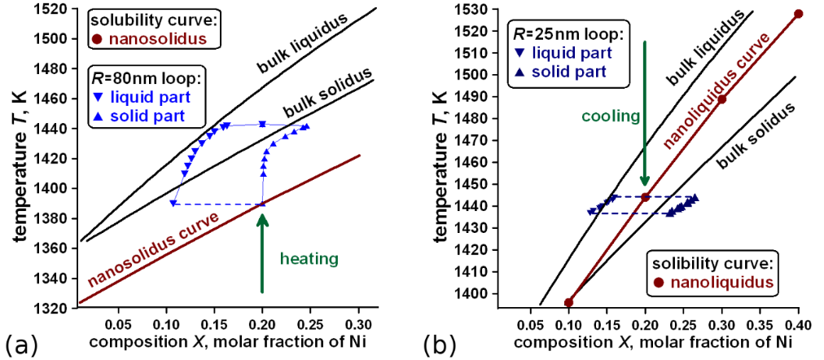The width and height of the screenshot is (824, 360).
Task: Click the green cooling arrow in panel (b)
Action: (x=645, y=114)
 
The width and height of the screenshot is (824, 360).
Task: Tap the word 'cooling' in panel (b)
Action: (x=611, y=116)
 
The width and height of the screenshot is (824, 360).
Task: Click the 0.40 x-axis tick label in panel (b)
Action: (x=798, y=322)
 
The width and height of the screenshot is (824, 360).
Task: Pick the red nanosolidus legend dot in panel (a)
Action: (x=98, y=37)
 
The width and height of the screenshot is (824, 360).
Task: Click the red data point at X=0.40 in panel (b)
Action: (x=798, y=14)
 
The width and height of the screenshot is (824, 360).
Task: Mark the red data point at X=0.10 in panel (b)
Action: (x=568, y=302)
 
